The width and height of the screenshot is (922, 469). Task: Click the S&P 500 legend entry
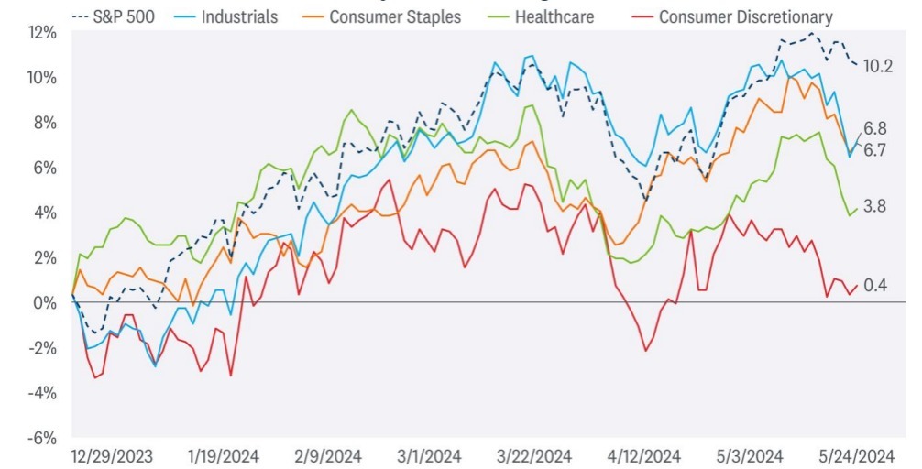[x=113, y=16]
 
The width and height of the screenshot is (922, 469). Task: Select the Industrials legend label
[x=225, y=16]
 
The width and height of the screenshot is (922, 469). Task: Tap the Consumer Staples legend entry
[x=381, y=16]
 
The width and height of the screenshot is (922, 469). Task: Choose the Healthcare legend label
[x=541, y=16]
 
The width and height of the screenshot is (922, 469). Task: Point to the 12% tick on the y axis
[x=43, y=32]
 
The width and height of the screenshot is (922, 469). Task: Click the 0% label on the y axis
[x=47, y=302]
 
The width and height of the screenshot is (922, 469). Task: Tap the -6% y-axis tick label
[x=42, y=438]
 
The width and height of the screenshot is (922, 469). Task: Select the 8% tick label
[x=45, y=122]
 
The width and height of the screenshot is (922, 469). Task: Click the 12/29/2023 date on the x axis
[x=112, y=456]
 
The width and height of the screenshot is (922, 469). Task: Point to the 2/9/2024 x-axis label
[x=327, y=456]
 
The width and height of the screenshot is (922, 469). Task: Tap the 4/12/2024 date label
[x=645, y=456]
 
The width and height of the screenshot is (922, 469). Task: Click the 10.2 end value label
[x=877, y=66]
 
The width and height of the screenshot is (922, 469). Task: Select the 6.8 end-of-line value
[x=874, y=128]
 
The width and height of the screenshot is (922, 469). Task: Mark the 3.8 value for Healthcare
[x=874, y=206]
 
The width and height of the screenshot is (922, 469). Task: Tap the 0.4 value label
[x=875, y=285]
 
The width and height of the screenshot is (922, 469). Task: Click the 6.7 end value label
[x=874, y=149]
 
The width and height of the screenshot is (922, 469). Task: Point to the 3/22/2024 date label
[x=534, y=456]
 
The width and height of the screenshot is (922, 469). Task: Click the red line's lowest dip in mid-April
[x=645, y=351]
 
